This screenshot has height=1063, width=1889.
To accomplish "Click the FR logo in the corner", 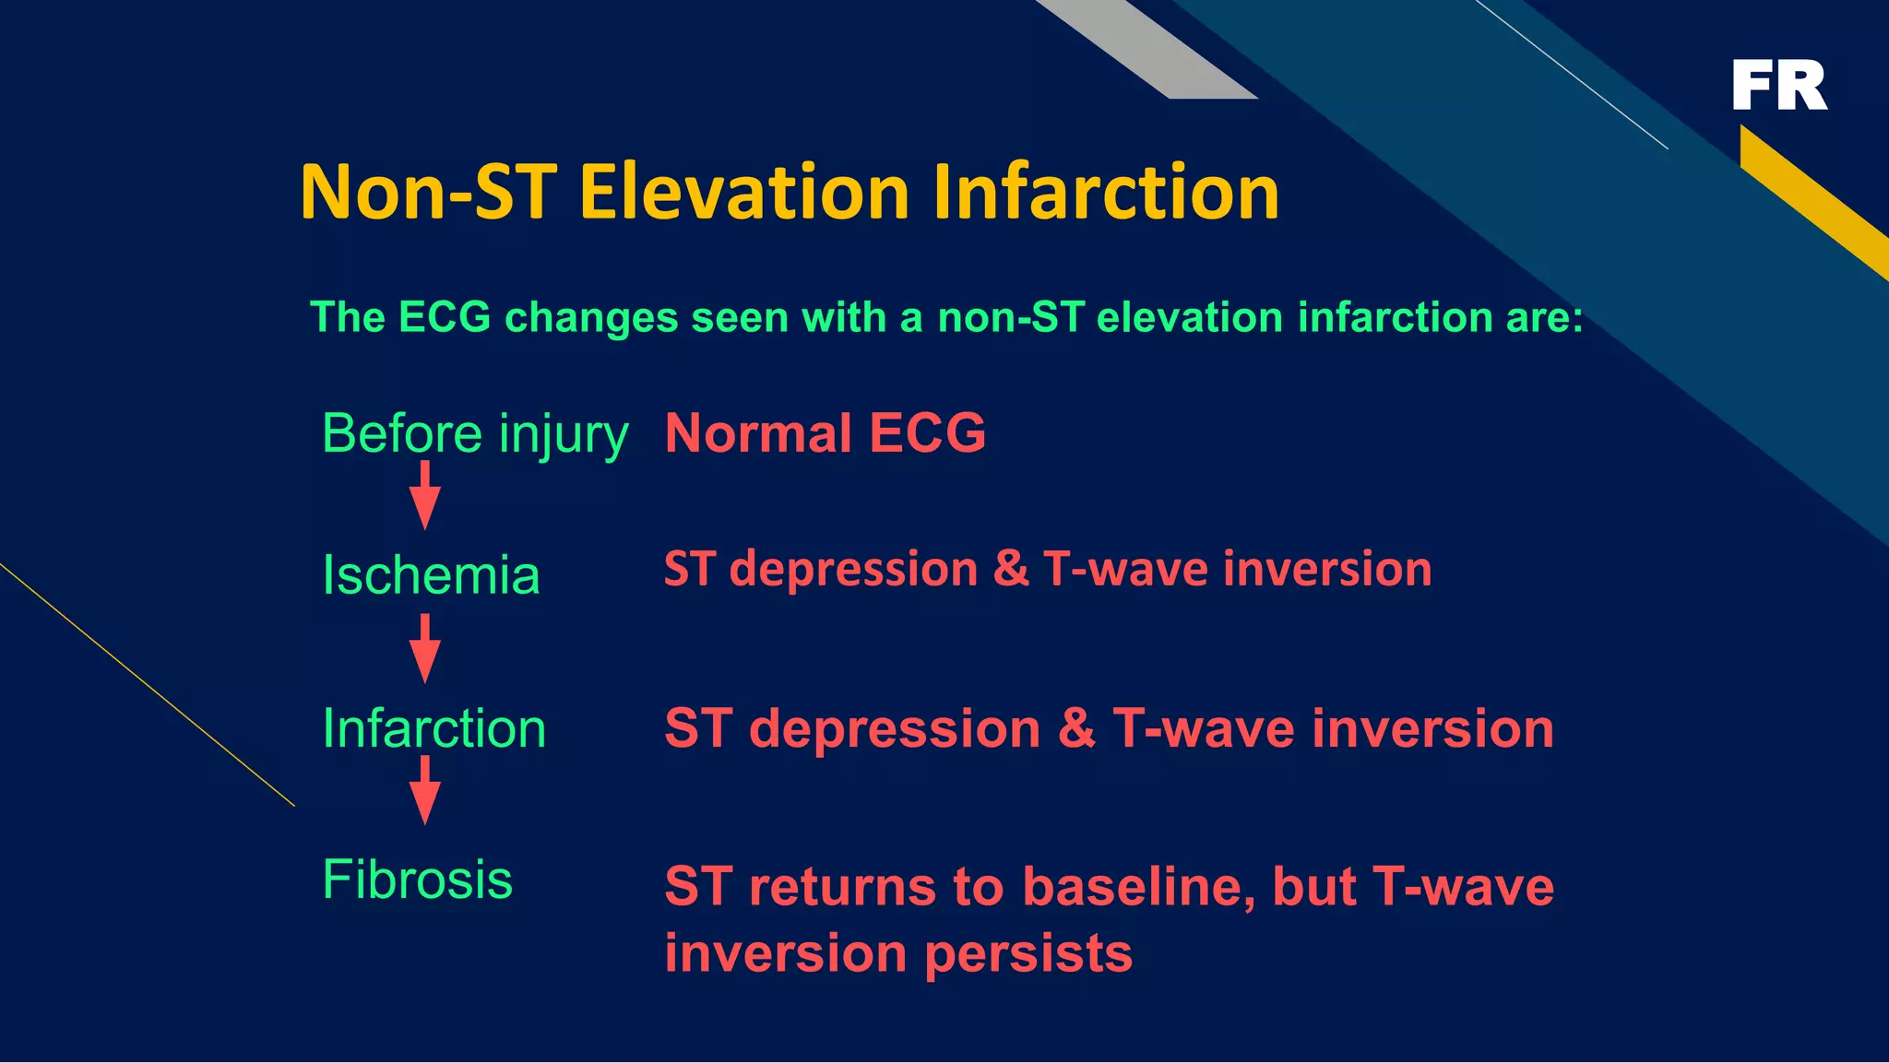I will tap(1779, 85).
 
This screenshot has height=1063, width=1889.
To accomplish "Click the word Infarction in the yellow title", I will tap(1106, 192).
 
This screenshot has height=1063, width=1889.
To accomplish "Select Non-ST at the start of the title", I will tap(429, 192).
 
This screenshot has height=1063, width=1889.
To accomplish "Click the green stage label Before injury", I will tap(474, 433).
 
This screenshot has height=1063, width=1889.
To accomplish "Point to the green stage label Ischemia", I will tap(431, 575).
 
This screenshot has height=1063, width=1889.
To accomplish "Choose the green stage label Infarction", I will tap(434, 728).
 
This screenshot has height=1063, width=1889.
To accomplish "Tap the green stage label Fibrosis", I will tap(417, 880).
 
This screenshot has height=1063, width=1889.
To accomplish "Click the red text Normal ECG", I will tap(826, 433).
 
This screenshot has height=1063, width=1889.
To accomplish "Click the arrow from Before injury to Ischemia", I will tap(424, 496).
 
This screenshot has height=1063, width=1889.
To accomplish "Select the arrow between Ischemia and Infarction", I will tap(424, 649).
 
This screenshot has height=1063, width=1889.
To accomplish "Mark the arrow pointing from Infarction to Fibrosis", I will tap(424, 791).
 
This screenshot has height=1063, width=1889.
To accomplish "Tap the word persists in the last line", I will tap(1028, 953).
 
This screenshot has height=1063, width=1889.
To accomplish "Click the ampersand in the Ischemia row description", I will tap(1011, 569).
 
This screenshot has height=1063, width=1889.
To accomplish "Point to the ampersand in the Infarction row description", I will tap(1076, 728).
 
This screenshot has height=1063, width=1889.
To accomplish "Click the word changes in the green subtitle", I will tap(591, 318).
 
